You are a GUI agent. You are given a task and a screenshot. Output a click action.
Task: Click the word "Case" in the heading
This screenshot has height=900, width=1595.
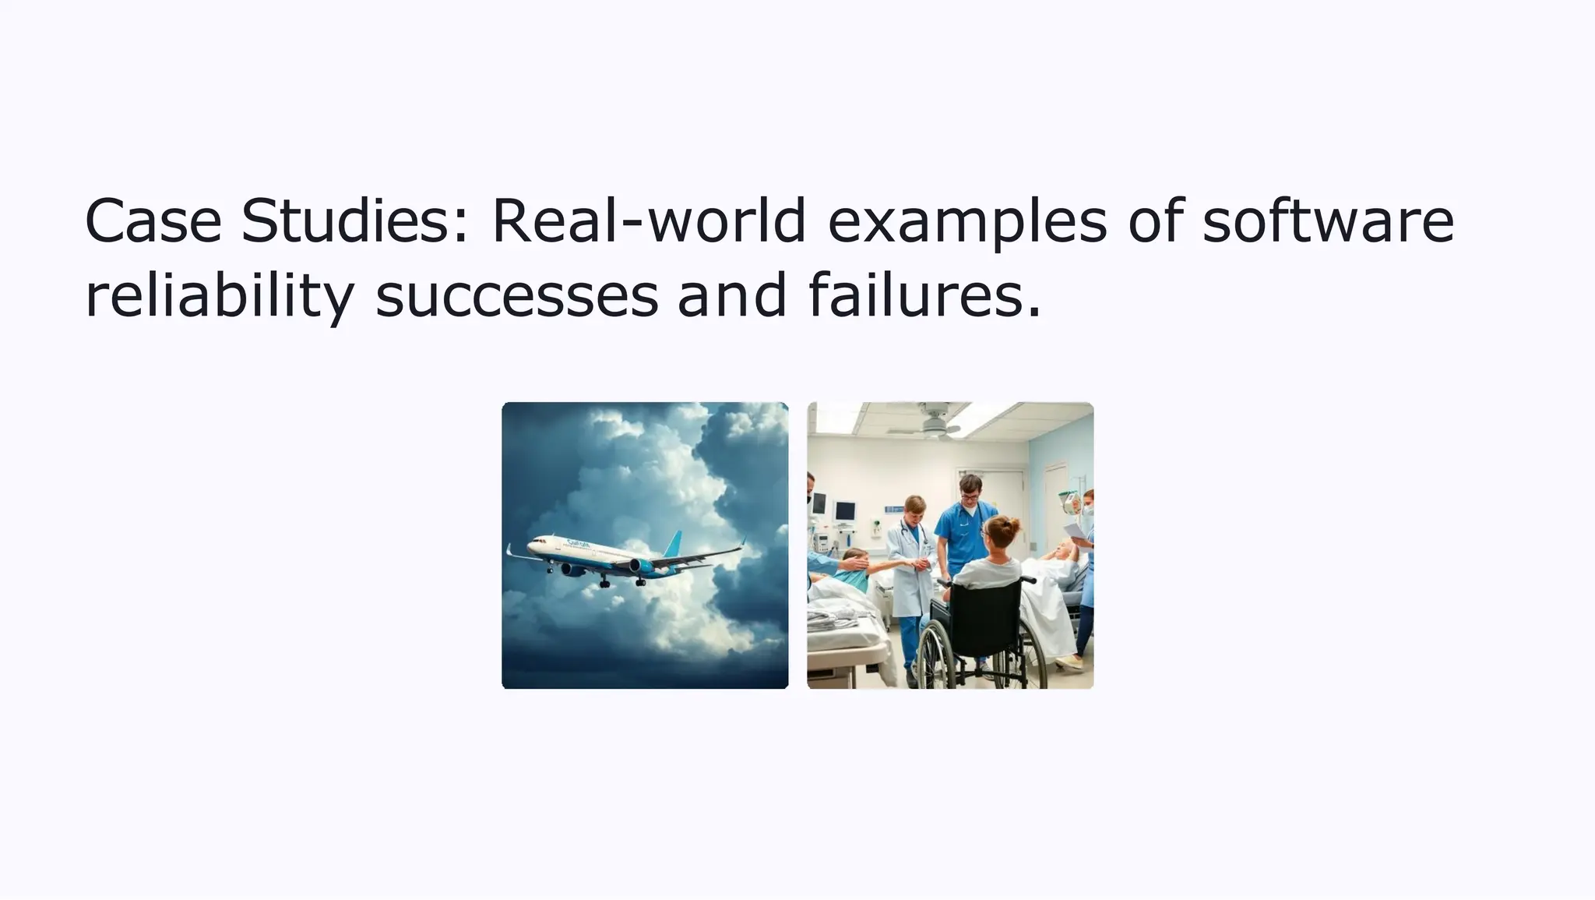click(x=153, y=221)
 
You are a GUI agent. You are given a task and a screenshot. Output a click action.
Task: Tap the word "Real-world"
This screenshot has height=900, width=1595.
click(x=648, y=221)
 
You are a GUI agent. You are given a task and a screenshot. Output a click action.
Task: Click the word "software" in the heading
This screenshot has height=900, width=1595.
click(x=1327, y=221)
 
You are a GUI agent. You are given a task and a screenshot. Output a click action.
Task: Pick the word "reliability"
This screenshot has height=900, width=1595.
click(x=219, y=297)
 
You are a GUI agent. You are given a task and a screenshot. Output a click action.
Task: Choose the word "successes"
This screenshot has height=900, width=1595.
click(x=516, y=297)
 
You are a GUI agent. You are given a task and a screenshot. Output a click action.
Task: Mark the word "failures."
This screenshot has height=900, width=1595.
click(x=924, y=295)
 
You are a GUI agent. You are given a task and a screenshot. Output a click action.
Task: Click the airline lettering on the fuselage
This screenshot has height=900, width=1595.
click(x=578, y=544)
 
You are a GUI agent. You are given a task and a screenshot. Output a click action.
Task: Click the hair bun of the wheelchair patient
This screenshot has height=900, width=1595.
click(x=1010, y=524)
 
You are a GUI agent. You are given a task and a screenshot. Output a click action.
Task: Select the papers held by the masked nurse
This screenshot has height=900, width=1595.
click(x=1075, y=531)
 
